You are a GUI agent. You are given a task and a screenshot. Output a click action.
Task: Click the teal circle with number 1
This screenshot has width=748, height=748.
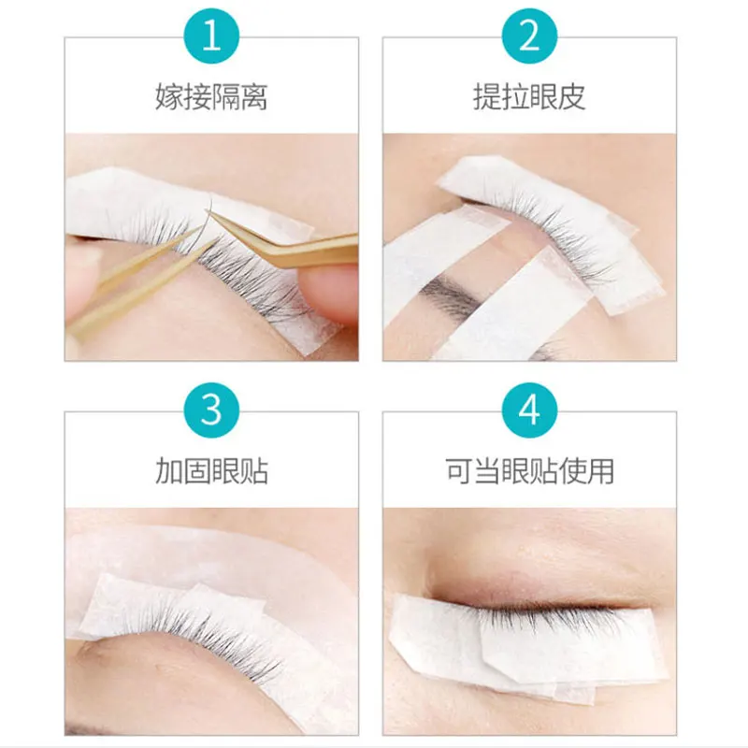[x=211, y=36]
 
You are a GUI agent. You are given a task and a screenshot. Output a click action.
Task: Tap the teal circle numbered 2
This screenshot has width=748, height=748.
[x=529, y=36]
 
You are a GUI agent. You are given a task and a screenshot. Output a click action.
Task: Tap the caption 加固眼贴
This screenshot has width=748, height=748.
[x=211, y=470]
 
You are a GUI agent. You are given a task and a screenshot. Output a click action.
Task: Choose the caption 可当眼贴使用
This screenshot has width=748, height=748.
[x=529, y=470]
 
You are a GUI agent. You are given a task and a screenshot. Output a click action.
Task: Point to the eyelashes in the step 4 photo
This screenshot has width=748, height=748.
[x=533, y=618]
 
